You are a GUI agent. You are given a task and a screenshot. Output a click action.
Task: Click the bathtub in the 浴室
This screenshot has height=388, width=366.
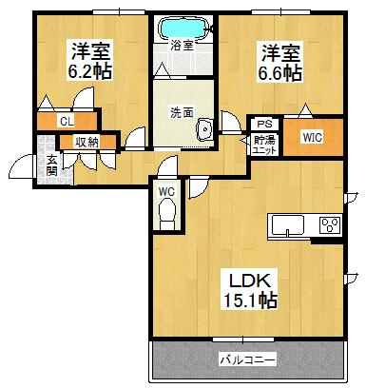[183, 25]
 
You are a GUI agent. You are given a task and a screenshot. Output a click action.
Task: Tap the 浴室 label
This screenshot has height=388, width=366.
[183, 45]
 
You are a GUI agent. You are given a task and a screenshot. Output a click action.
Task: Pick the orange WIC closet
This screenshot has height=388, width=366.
[311, 136]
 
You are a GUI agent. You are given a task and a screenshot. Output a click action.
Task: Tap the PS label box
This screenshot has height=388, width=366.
[263, 123]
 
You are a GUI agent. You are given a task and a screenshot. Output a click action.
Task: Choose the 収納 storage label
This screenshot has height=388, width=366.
[87, 143]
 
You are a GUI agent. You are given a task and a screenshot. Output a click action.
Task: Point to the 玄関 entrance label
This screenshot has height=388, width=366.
[51, 164]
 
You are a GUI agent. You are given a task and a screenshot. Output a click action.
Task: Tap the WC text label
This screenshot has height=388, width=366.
[167, 191]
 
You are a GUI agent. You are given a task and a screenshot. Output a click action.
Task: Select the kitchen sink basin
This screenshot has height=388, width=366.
[288, 225]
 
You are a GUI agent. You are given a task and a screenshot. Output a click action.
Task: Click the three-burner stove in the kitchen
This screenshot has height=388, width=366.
[330, 225]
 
